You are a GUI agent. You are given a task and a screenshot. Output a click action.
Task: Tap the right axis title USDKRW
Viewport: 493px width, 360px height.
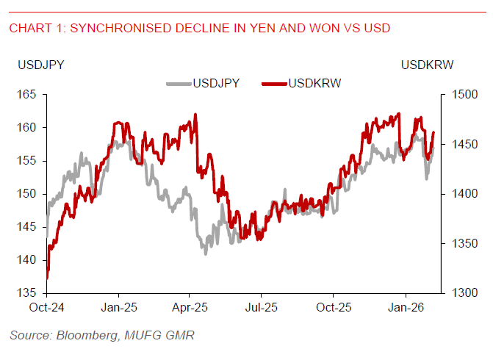(428, 65)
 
